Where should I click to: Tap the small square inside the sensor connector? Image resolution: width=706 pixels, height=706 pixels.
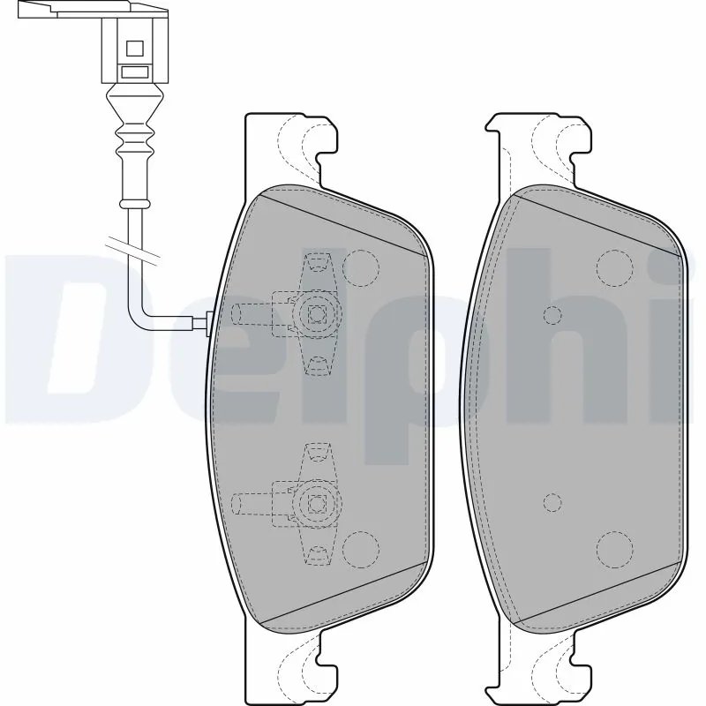tap(135, 49)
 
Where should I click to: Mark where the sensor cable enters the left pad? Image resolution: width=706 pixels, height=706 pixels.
tap(208, 324)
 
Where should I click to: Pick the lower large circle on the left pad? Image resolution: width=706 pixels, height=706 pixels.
tap(359, 549)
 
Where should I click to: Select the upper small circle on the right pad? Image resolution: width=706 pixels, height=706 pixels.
tap(553, 315)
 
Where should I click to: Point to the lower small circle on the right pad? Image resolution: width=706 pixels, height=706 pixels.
tap(553, 502)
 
